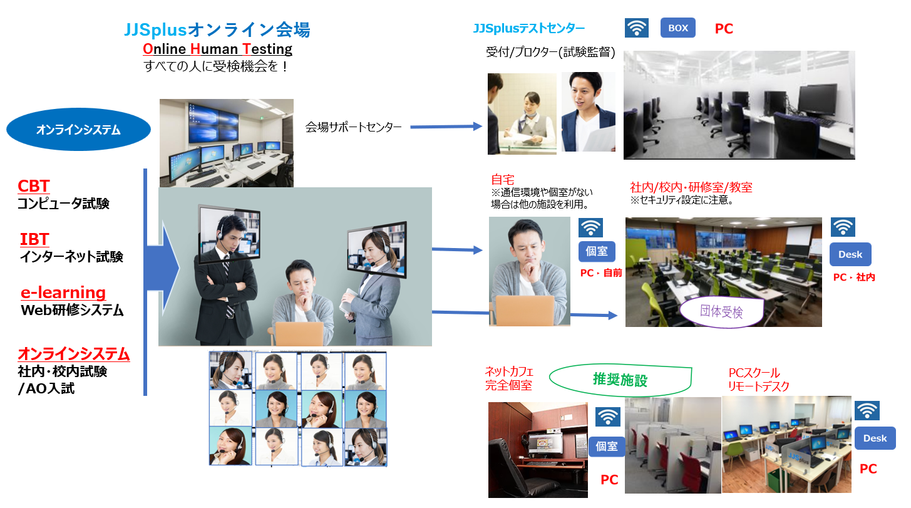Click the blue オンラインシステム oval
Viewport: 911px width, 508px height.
tap(78, 130)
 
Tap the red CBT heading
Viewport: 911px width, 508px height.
tap(34, 186)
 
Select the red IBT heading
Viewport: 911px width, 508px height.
tap(34, 239)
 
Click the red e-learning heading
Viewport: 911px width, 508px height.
tap(63, 293)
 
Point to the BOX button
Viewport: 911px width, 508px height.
tap(677, 28)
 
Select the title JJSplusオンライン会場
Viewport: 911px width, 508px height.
tap(217, 29)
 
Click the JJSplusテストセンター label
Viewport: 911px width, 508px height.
tap(529, 28)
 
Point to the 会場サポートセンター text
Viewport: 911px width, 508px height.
tap(353, 127)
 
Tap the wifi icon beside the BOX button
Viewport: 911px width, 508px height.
tap(636, 28)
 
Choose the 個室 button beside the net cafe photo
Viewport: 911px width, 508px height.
tap(607, 446)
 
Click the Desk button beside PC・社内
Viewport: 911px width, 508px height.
tap(850, 254)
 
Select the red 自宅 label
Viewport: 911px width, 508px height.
tap(502, 180)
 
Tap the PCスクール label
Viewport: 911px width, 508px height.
tap(754, 373)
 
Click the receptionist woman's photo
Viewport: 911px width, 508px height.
tap(522, 113)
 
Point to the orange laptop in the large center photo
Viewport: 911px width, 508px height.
tap(299, 333)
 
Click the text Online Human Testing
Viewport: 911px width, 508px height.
tap(217, 49)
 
